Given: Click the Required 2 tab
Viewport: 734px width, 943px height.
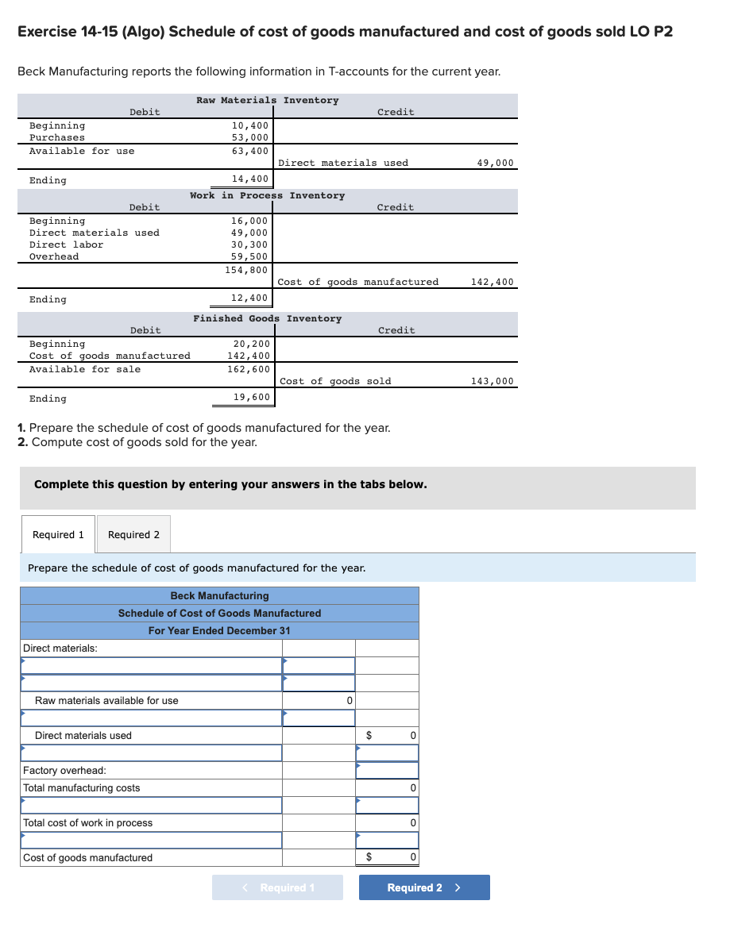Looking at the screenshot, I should tap(133, 535).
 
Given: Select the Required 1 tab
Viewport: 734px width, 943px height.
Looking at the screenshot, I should tap(58, 535).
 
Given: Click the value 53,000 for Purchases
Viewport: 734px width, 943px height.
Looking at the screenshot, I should tap(250, 138).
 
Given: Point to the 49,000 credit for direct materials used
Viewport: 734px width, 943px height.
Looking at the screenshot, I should tap(495, 164).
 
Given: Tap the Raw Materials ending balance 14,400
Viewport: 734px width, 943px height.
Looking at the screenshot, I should tap(250, 179).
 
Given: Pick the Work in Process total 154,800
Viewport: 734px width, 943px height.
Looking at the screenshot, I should tap(247, 270).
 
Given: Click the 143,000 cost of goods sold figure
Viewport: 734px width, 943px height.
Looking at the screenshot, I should tap(493, 382).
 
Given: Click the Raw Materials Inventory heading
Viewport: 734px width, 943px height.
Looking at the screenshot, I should tap(267, 101).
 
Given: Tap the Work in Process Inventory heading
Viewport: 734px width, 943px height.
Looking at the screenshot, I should tap(267, 196).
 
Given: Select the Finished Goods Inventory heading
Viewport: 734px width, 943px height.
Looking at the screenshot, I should tap(267, 319).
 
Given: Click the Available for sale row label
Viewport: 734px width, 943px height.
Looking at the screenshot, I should tap(85, 370).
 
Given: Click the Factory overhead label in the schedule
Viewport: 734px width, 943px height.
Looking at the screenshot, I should tap(64, 771).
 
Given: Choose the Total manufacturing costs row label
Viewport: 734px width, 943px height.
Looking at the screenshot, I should tap(81, 788).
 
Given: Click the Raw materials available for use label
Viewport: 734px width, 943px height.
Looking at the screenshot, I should tap(106, 701).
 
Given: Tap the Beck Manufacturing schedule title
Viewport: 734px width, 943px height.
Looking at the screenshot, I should tap(219, 596).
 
